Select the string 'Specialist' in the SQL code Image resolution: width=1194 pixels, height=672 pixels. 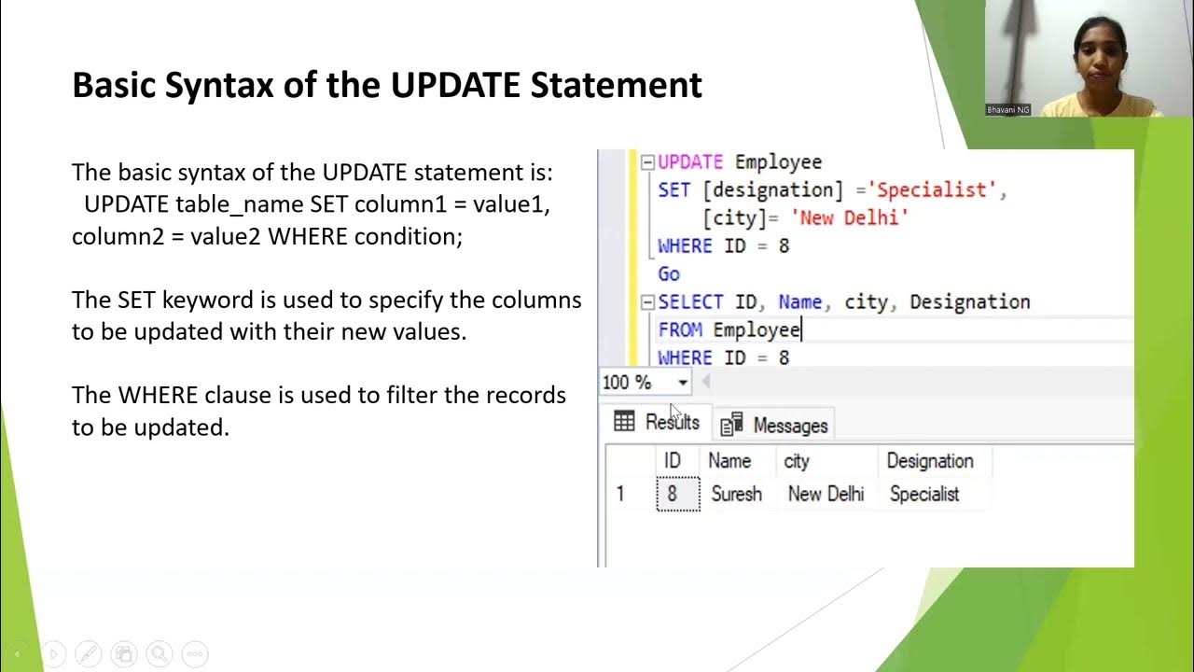(937, 189)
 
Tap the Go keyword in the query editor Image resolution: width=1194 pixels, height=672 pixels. (669, 273)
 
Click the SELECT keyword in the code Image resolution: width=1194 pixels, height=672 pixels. (690, 301)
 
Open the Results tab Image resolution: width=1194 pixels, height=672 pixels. (658, 423)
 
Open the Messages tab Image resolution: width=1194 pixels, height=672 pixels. (777, 426)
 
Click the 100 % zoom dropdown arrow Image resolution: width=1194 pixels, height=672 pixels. (683, 383)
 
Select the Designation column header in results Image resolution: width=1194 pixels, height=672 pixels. (929, 461)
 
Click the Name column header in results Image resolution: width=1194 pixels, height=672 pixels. (729, 461)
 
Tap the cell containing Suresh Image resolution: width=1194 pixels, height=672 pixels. (736, 494)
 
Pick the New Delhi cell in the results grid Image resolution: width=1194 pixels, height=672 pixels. (826, 494)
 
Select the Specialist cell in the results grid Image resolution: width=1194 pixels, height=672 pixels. (923, 494)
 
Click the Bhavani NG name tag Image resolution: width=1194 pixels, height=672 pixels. (1007, 109)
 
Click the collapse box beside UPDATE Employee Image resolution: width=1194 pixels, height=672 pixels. (647, 162)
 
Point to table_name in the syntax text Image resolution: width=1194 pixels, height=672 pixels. (240, 204)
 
